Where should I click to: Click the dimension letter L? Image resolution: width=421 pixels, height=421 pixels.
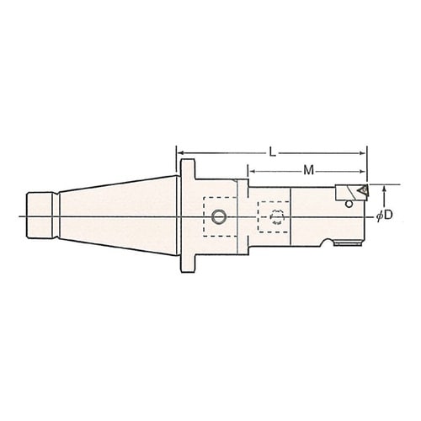click(x=272, y=152)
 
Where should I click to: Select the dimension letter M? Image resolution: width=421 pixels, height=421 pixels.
click(x=309, y=170)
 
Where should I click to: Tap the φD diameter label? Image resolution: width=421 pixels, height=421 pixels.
click(x=384, y=216)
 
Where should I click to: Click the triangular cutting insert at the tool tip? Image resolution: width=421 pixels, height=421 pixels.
click(x=362, y=190)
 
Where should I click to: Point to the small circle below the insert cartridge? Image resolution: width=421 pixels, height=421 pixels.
click(x=349, y=204)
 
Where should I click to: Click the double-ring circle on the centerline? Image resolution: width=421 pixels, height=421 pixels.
click(x=219, y=217)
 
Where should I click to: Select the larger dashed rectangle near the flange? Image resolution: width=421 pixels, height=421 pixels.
click(x=221, y=216)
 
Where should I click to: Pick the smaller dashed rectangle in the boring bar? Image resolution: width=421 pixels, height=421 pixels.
click(x=274, y=216)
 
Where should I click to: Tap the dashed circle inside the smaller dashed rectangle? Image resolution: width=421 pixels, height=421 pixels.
click(x=277, y=217)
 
